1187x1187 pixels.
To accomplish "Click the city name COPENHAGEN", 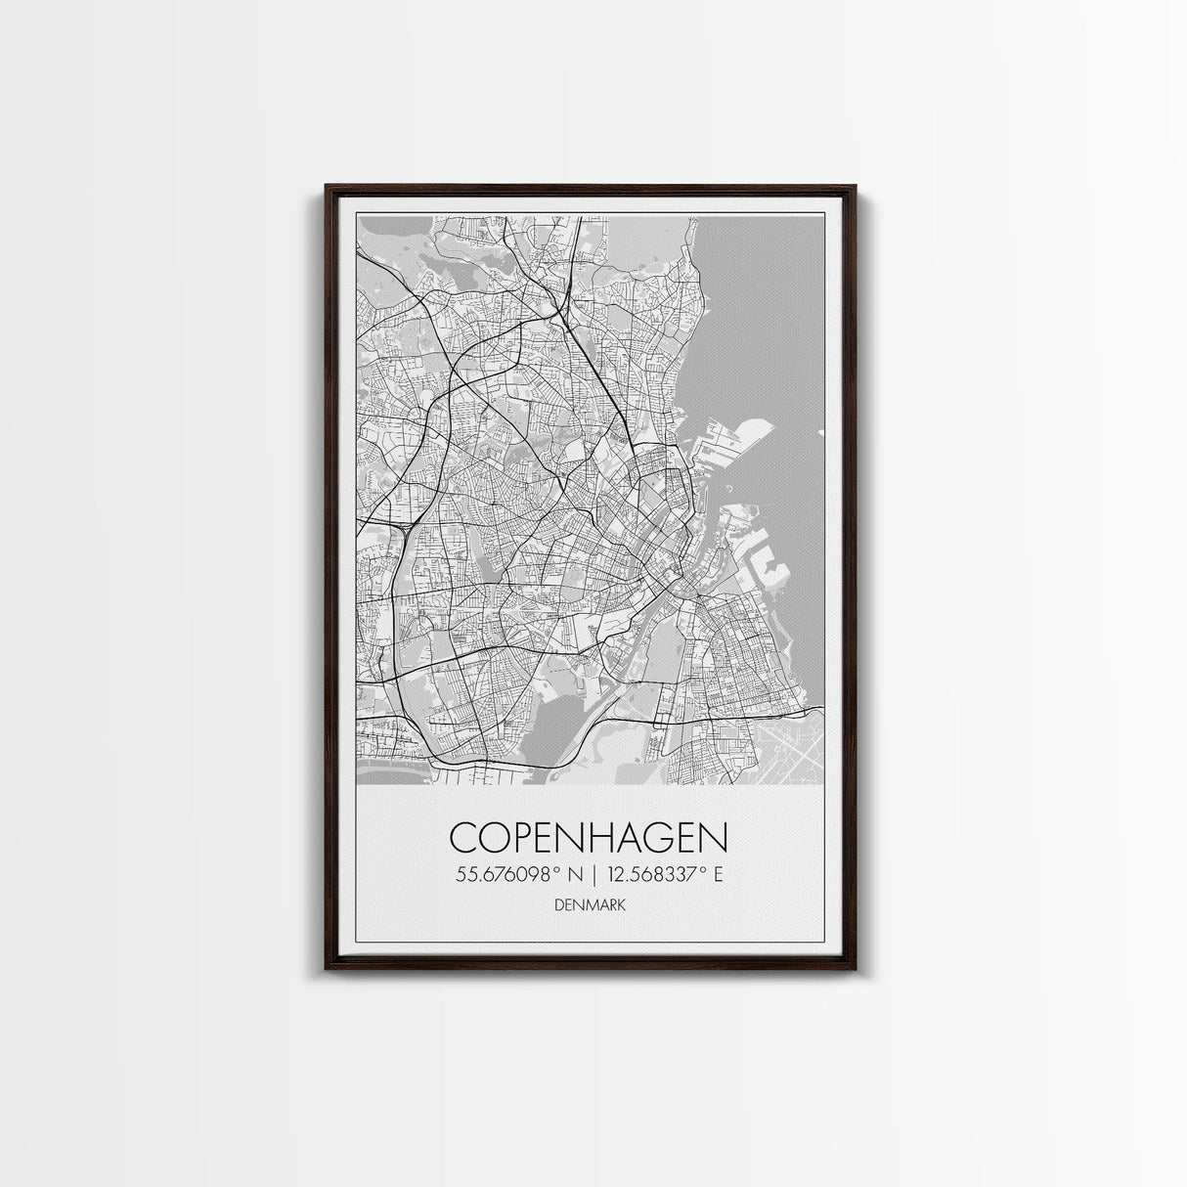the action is (x=590, y=838).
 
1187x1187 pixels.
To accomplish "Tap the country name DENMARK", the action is (x=590, y=905).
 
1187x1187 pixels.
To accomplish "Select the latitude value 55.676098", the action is (x=503, y=875).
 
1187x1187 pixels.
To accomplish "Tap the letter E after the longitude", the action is (x=718, y=875).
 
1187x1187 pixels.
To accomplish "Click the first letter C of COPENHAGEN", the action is (x=464, y=838).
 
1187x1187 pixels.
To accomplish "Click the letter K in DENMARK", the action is (x=622, y=905).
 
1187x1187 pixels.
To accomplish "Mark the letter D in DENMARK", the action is (x=558, y=905).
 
